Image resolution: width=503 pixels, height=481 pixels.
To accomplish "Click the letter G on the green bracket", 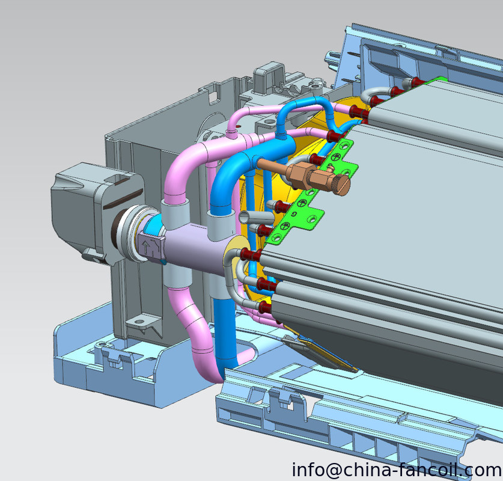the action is point(293,214).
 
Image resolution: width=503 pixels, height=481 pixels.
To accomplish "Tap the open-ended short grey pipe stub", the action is point(255,218).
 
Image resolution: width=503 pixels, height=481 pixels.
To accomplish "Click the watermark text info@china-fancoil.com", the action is point(397,470).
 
